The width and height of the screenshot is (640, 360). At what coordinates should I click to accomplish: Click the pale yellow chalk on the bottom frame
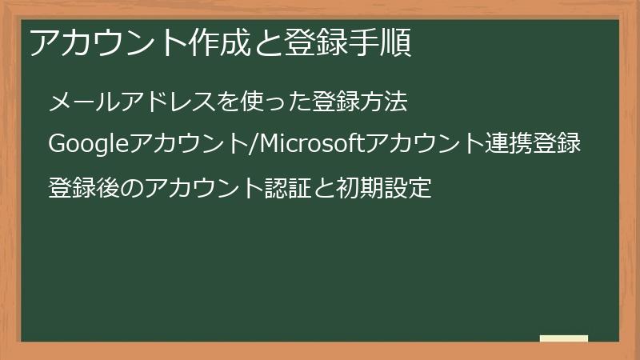tap(564, 338)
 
